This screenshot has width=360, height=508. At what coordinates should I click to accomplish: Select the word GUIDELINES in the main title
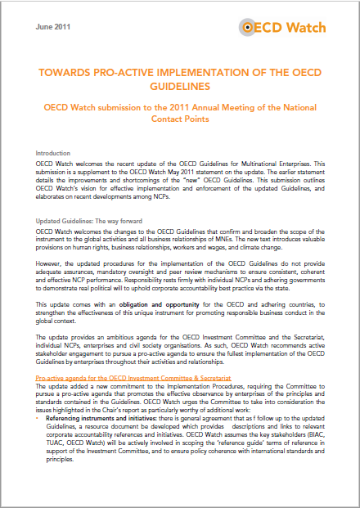click(x=179, y=86)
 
